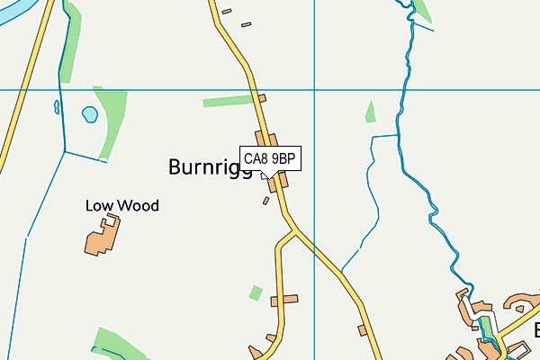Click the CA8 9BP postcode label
point(269,158)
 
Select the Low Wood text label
point(121,206)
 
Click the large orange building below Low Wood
point(102,237)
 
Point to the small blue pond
point(90,114)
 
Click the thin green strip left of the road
point(229,101)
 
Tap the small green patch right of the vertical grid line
point(370,112)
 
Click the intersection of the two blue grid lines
point(314,90)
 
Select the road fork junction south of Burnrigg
point(292,232)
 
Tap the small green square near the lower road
point(256,292)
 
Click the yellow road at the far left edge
point(9,135)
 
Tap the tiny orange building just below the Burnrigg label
point(265,201)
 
